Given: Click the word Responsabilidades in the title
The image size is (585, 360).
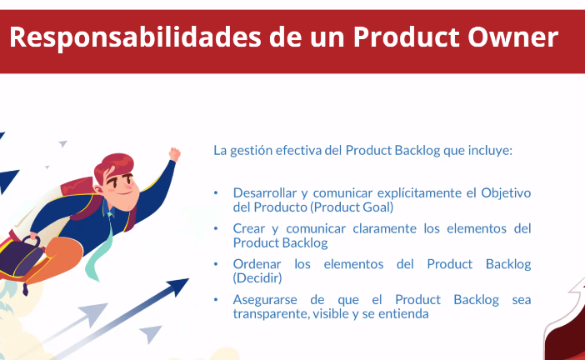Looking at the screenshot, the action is (x=135, y=37).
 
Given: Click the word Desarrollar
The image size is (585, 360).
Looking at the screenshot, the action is (x=265, y=192).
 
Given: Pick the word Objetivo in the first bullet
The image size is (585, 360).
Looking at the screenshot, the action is (x=506, y=193).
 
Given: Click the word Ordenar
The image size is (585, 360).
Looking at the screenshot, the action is (x=257, y=264).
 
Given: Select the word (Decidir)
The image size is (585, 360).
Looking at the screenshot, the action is (x=257, y=278).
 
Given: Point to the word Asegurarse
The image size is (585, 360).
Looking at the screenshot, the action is (x=265, y=299).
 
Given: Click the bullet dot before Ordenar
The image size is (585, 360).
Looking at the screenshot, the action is (x=216, y=264).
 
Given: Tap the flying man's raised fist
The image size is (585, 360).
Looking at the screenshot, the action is (x=174, y=154).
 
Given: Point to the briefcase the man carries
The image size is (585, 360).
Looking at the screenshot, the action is (x=22, y=257).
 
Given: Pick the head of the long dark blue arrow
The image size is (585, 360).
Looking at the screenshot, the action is (x=177, y=286).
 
